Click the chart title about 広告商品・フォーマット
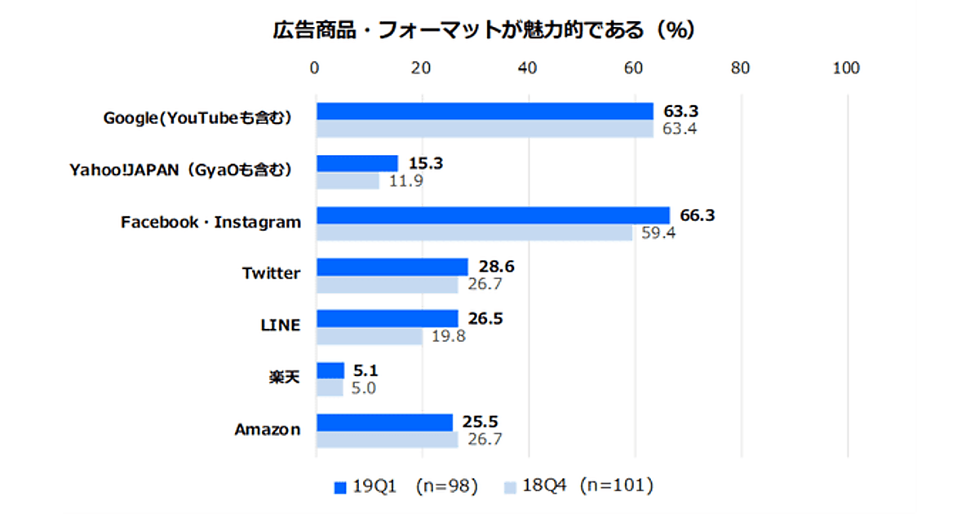pos(483,30)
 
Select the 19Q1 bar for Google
pos(485,111)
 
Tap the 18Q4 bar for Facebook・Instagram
pos(474,233)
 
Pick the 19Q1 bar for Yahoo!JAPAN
pos(357,163)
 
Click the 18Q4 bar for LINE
pos(370,336)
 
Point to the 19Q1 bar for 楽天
pos(330,370)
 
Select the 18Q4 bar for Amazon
pos(388,440)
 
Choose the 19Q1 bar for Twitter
pos(392,267)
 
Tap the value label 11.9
pos(405,181)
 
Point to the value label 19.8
pos(449,336)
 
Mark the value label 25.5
pos(481,422)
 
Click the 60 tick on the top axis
pos(634,69)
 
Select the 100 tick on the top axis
pos(846,69)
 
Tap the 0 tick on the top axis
pos(315,69)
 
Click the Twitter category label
pos(271,273)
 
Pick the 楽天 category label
pos(284,378)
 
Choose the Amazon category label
pos(268,429)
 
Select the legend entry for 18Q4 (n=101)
pos(578,487)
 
